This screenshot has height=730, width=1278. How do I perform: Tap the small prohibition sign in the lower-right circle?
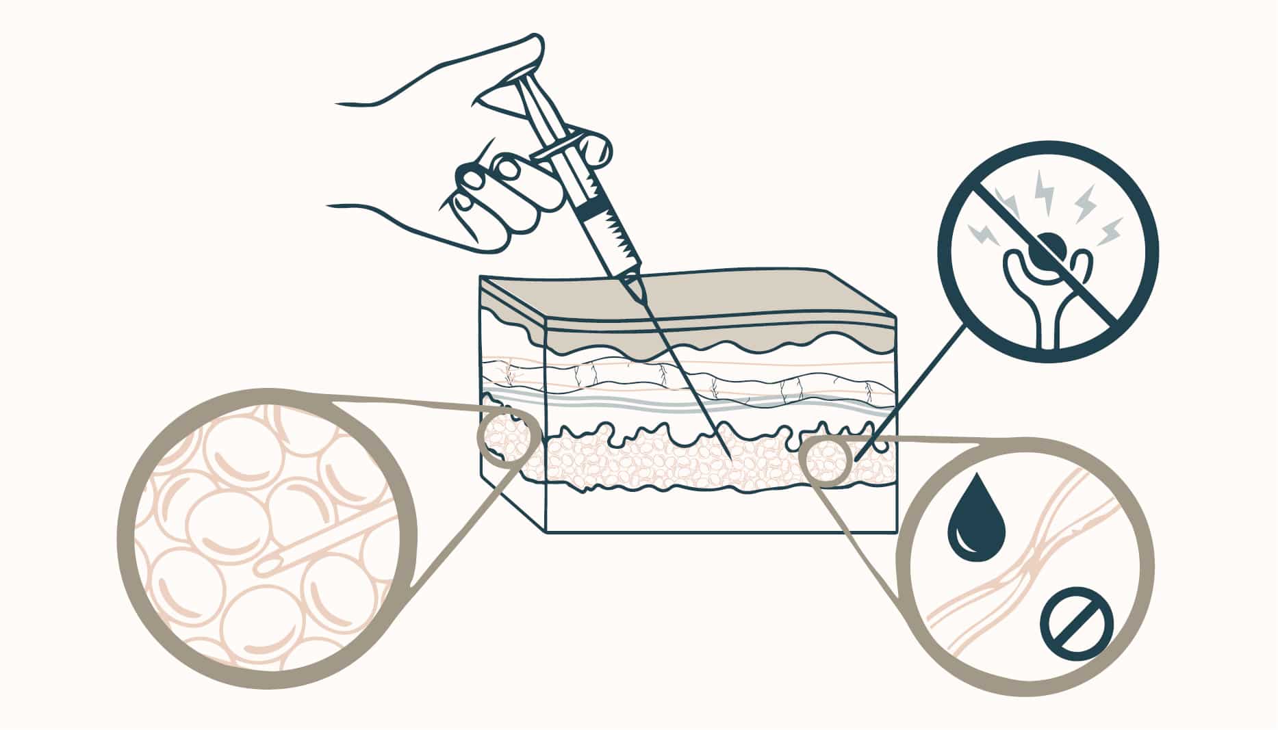(1076, 624)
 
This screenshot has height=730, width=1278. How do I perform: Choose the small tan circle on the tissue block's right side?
(827, 460)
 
